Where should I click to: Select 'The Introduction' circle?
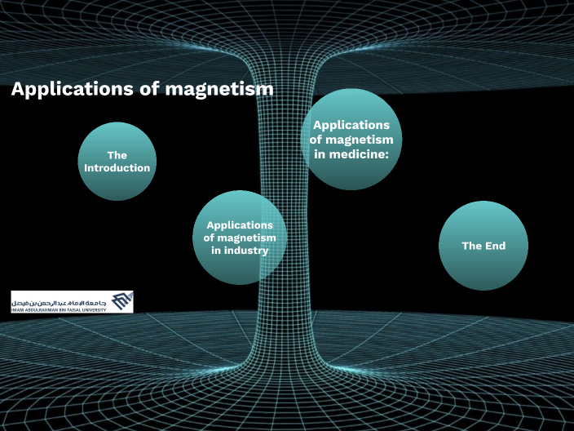117,162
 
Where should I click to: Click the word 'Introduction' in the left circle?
117,168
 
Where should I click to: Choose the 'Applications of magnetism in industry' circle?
240,238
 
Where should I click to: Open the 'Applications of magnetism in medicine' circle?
351,139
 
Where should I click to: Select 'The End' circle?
483,246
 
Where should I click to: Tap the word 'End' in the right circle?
495,246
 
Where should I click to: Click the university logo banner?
72,302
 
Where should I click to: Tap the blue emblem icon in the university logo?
121,301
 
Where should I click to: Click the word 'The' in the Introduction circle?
117,155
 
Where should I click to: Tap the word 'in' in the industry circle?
215,251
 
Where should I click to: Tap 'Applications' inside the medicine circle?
351,125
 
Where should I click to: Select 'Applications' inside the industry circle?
240,224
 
